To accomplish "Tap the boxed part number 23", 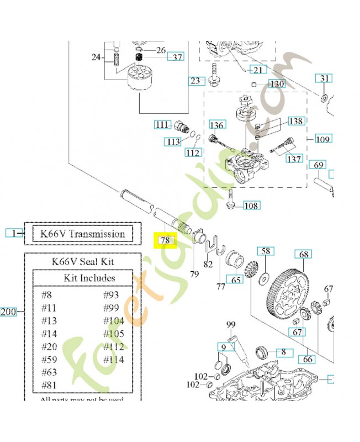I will [x=195, y=81].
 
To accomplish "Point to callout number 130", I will [x=277, y=83].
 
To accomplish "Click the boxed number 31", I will [x=324, y=78].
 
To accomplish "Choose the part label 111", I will [x=162, y=125].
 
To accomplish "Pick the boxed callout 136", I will [x=216, y=125].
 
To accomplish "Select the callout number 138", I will [x=296, y=121].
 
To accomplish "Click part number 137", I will [x=294, y=159].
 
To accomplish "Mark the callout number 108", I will [x=251, y=206].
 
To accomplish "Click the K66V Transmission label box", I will [x=83, y=234].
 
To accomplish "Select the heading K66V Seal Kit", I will [x=83, y=261].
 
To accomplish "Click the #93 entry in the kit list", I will [x=112, y=294].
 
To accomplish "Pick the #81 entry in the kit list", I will [x=50, y=385].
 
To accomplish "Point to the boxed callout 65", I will [x=236, y=280].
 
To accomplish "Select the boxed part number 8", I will [x=284, y=351].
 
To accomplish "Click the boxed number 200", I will [x=8, y=312].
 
